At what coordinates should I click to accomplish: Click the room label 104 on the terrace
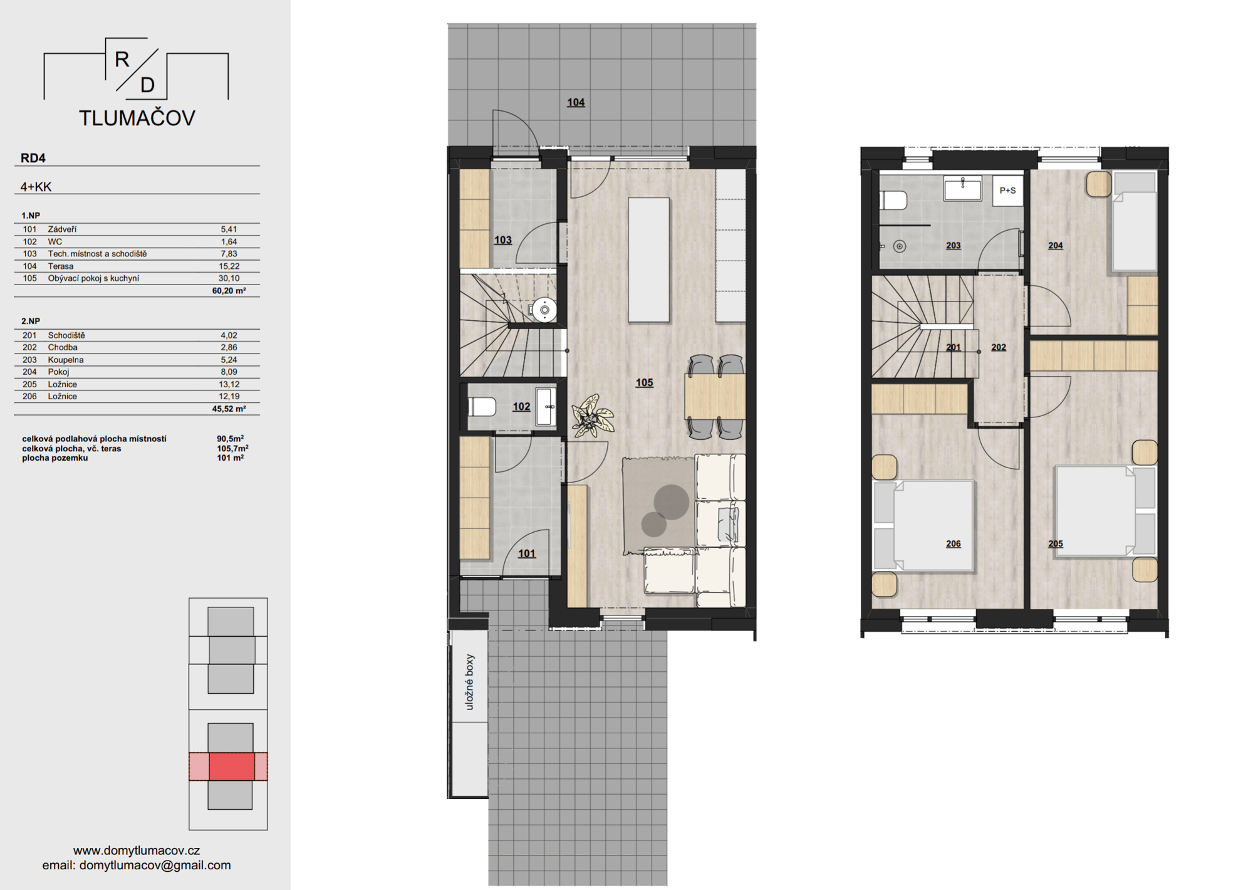pos(576,102)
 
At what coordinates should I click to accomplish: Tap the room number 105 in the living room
pos(644,382)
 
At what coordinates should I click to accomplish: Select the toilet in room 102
pos(482,407)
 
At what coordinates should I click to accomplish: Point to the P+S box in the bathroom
pos(1007,191)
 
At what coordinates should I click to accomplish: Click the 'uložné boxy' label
pos(470,682)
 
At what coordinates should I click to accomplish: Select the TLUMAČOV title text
pos(137,118)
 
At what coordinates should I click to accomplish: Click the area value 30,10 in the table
pos(229,278)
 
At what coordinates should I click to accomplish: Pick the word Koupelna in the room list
pos(66,360)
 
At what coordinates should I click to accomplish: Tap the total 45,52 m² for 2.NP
pos(229,409)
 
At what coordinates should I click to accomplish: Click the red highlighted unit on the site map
pos(231,767)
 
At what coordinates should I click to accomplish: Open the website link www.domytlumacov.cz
pos(137,851)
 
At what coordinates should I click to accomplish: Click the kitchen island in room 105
pos(648,260)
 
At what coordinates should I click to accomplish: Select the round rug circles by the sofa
pos(664,510)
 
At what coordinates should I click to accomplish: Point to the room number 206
pos(953,543)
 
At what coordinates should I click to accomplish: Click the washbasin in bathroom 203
pos(962,188)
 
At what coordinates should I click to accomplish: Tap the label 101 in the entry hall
pos(527,553)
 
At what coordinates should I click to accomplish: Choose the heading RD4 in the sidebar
pos(33,158)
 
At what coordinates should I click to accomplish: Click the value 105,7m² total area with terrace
pos(232,448)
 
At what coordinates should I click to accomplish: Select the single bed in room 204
pos(1134,222)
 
